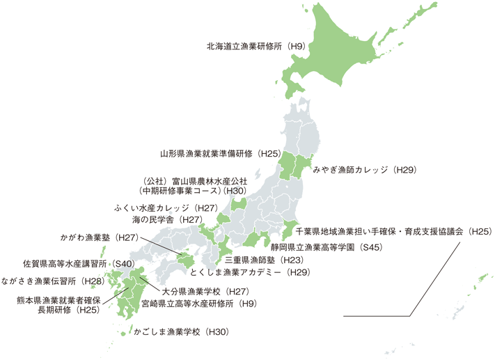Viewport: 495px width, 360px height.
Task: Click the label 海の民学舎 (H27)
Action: point(171,219)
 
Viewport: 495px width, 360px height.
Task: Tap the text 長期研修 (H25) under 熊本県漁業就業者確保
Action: point(68,310)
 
